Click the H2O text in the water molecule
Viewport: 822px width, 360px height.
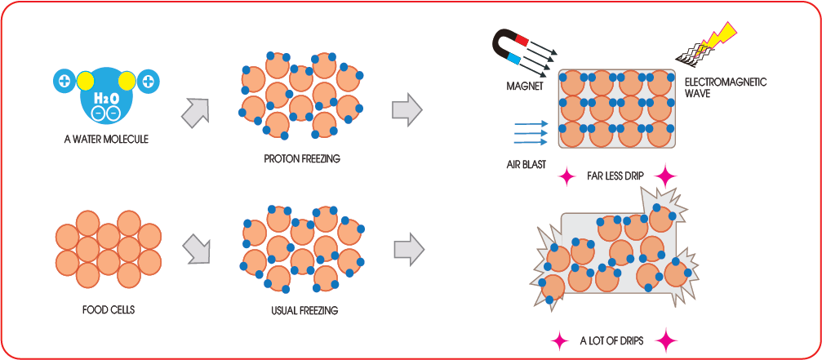[x=107, y=98]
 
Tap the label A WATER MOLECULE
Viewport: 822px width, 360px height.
[x=106, y=139]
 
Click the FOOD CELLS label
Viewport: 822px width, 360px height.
[x=109, y=310]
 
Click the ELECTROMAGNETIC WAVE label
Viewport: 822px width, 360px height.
[x=718, y=87]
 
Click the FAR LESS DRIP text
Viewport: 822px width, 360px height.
[x=615, y=176]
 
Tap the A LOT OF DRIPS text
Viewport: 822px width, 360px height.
[x=611, y=340]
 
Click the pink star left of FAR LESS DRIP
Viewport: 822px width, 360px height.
[x=565, y=175]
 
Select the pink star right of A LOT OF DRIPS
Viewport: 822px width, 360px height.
[x=667, y=340]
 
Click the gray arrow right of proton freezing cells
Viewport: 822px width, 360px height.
[x=407, y=109]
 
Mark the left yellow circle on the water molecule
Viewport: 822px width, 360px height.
[x=86, y=81]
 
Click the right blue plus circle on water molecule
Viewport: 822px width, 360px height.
[x=148, y=81]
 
